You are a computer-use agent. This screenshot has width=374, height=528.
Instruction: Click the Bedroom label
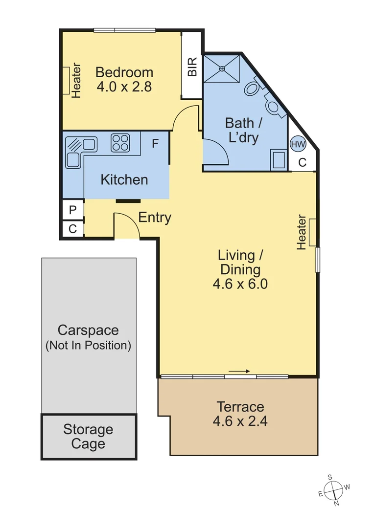tap(124, 72)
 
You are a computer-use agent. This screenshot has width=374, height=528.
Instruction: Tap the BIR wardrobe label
tap(192, 66)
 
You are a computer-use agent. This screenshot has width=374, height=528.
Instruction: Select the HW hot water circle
tap(298, 145)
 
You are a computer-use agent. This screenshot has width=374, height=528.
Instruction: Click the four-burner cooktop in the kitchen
tap(120, 143)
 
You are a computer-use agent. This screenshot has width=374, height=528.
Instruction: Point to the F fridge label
tap(155, 144)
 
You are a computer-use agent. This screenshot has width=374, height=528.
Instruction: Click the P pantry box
tap(73, 210)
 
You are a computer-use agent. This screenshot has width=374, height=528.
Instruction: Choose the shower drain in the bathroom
tap(222, 69)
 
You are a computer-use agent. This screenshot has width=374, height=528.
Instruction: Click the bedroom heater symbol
tap(66, 81)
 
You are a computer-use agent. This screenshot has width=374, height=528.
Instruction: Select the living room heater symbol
tap(312, 232)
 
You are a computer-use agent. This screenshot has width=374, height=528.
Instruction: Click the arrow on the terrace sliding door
tap(239, 372)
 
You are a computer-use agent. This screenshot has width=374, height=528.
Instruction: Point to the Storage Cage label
tap(88, 437)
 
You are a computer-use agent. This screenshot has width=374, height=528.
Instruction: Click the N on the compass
tap(336, 504)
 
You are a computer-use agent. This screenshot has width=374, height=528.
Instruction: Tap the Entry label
tap(155, 218)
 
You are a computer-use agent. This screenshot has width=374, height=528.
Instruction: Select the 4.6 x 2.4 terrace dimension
tap(240, 421)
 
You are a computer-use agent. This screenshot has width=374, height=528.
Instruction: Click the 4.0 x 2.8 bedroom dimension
tap(124, 87)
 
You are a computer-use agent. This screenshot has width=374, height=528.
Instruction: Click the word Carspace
tap(88, 330)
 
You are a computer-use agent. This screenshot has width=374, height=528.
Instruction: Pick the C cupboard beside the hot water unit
tap(303, 162)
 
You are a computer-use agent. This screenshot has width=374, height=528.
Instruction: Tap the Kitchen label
tap(124, 180)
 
